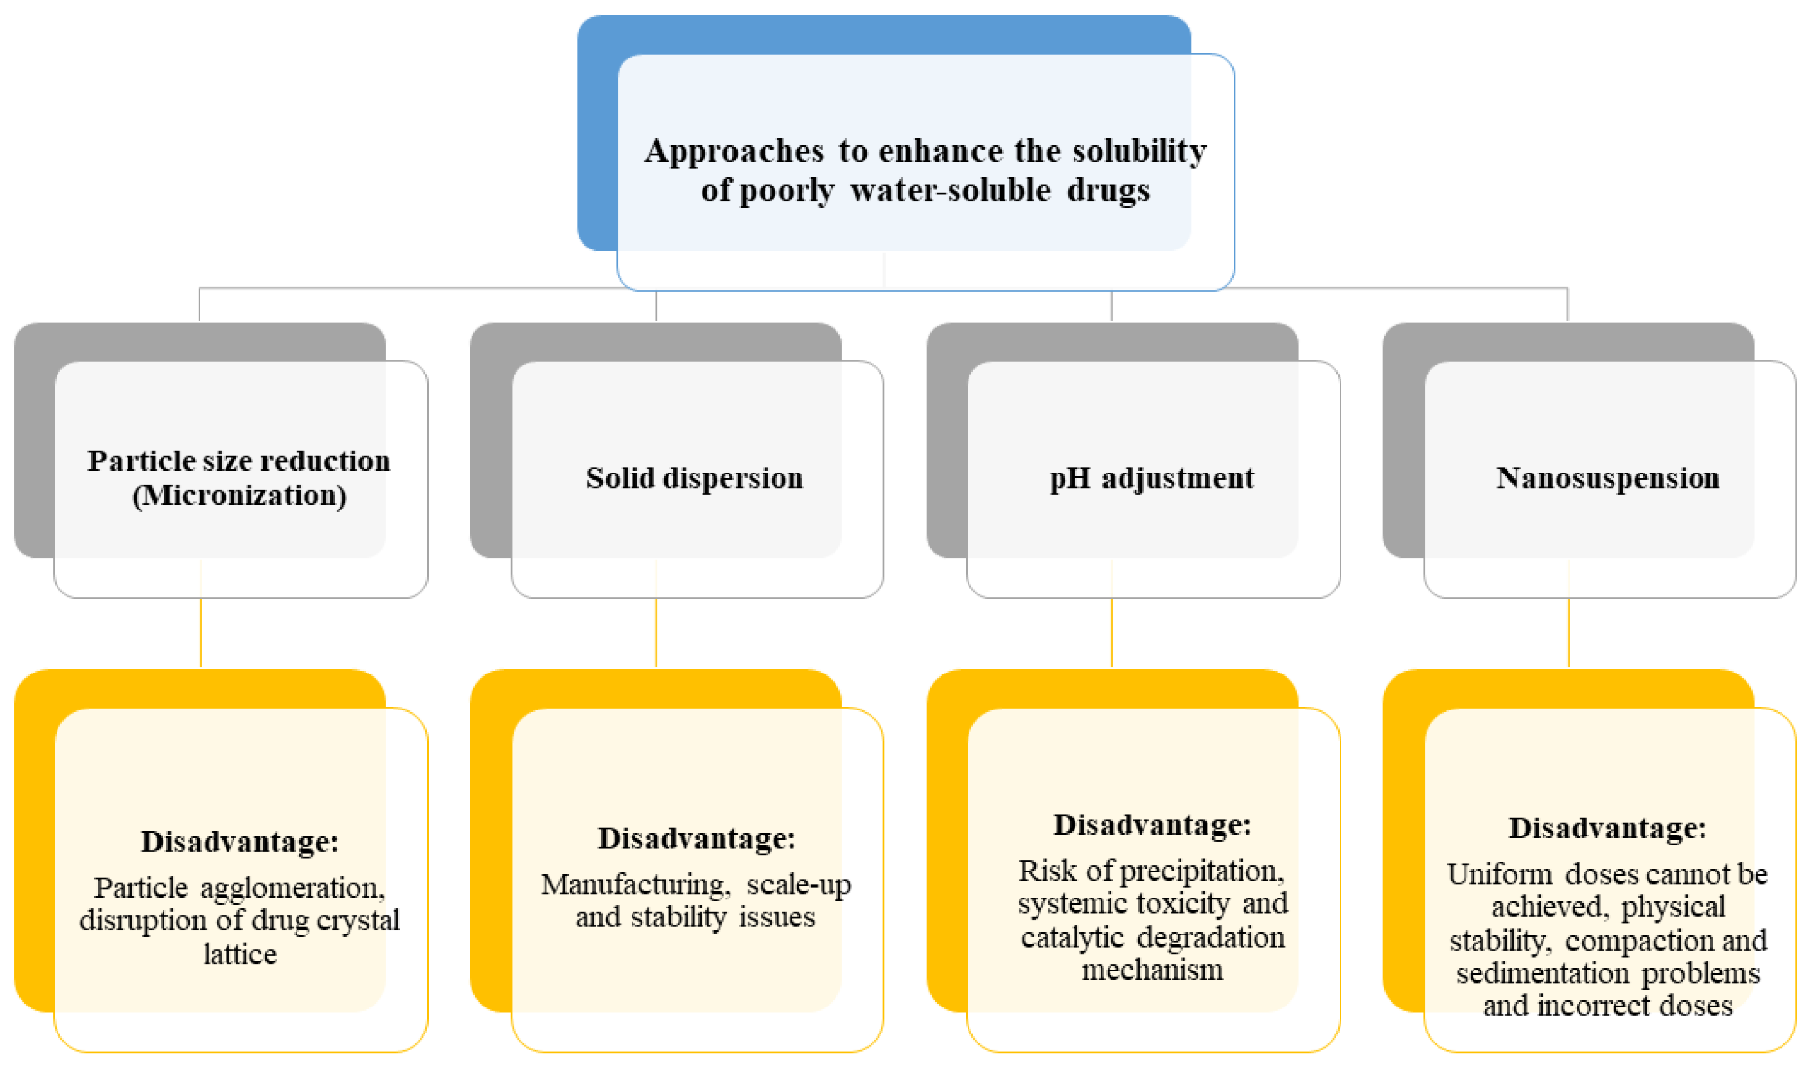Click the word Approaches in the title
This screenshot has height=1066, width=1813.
coord(734,152)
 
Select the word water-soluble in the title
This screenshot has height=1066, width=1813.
coord(950,191)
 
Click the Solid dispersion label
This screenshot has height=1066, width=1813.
coord(694,478)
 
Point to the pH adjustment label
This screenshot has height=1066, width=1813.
coord(1151,478)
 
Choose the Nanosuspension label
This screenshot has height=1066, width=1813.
coord(1607,478)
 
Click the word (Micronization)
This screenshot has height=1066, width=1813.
coord(240,496)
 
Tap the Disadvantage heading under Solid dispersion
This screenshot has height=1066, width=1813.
coord(696,839)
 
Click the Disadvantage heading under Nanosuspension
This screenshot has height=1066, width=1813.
coord(1607,829)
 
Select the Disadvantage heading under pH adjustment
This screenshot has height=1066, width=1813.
coord(1152,826)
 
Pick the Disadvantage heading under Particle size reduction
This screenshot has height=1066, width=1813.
coord(240,842)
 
